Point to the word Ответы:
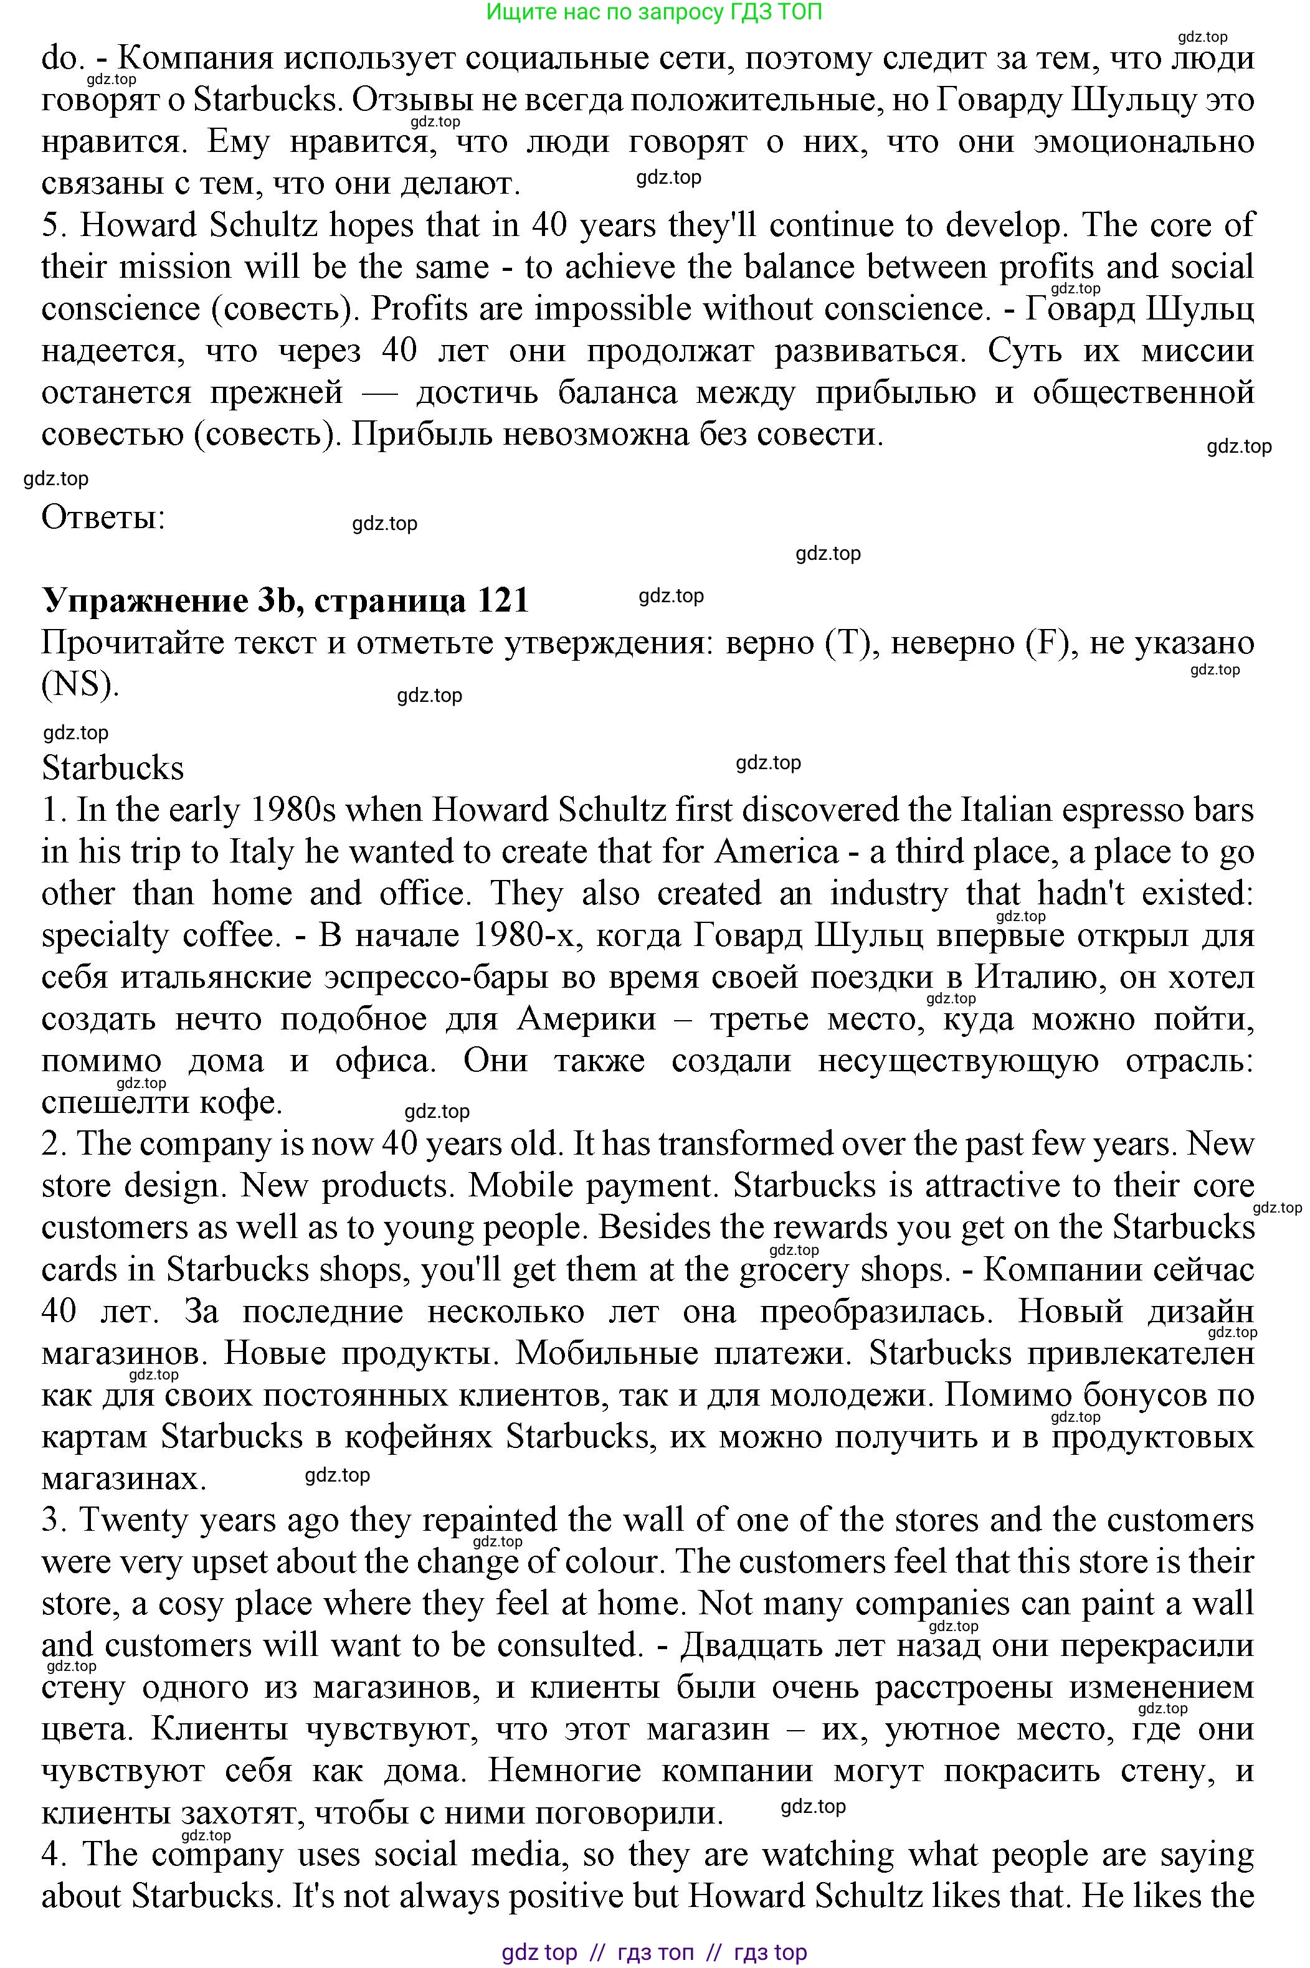pos(103,518)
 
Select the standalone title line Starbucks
pos(113,769)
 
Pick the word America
pos(776,852)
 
